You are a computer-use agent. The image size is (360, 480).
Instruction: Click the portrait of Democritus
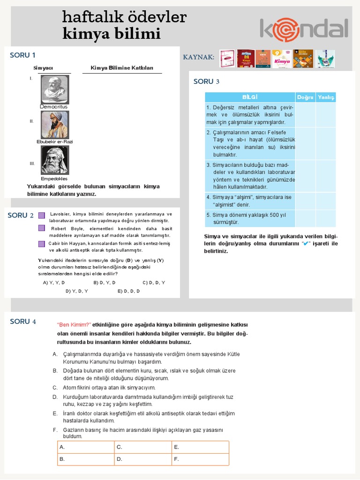pyautogui.click(x=55, y=90)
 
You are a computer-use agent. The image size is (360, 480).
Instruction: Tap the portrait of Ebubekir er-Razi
pyautogui.click(x=55, y=125)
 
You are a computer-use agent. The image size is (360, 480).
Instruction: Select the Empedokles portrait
pyautogui.click(x=55, y=160)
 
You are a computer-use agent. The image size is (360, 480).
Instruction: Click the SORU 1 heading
pyautogui.click(x=22, y=55)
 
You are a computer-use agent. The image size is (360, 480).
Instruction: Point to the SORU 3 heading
pyautogui.click(x=206, y=82)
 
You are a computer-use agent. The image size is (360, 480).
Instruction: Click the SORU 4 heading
pyautogui.click(x=23, y=321)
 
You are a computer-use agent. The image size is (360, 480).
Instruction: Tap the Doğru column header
pyautogui.click(x=305, y=97)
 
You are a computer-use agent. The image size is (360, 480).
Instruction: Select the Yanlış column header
pyautogui.click(x=326, y=97)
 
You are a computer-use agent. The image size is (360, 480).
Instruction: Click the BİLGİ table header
pyautogui.click(x=250, y=97)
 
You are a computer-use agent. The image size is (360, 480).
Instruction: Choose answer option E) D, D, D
pyautogui.click(x=128, y=291)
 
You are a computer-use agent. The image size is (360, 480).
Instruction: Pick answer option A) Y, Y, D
pyautogui.click(x=54, y=283)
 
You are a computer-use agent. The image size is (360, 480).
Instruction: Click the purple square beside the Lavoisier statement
pyautogui.click(x=42, y=215)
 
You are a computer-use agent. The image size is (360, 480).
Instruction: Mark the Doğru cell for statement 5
pyautogui.click(x=305, y=218)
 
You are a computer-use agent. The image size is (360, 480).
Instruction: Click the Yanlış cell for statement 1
pyautogui.click(x=326, y=115)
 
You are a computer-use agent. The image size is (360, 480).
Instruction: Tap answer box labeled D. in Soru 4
pyautogui.click(x=143, y=459)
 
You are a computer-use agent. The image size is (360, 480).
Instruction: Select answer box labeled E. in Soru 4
pyautogui.click(x=200, y=447)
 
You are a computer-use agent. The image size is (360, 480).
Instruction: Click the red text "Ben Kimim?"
pyautogui.click(x=74, y=325)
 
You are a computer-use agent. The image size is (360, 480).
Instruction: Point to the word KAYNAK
pyautogui.click(x=198, y=57)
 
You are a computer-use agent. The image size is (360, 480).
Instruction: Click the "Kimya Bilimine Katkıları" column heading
pyautogui.click(x=122, y=68)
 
